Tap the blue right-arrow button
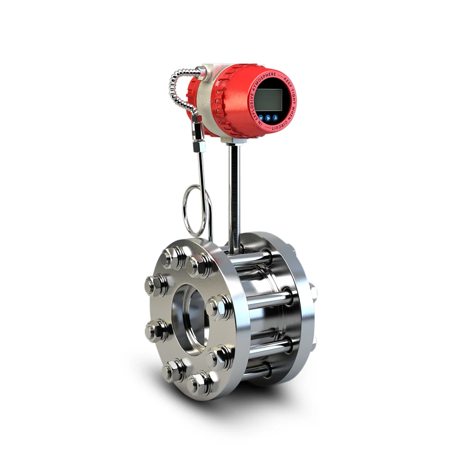pyautogui.click(x=268, y=118)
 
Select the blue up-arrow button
pyautogui.click(x=275, y=117)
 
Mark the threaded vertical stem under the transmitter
pyautogui.click(x=234, y=193)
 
